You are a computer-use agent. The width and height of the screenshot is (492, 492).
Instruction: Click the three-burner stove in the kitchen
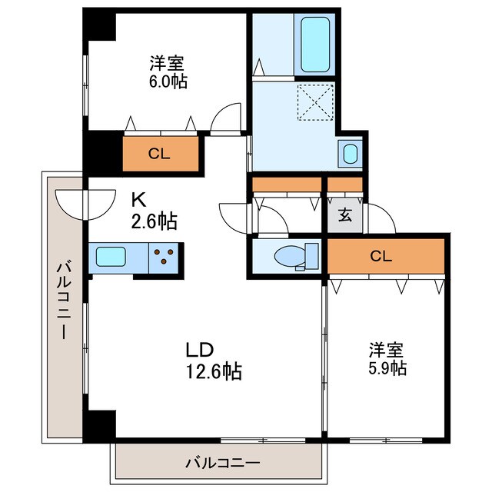coord(164,256)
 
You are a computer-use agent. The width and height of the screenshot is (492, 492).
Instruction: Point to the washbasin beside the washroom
coord(350,153)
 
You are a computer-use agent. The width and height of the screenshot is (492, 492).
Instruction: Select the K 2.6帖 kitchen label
coord(154,211)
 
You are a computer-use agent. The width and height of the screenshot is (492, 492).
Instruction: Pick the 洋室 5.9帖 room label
coord(387,358)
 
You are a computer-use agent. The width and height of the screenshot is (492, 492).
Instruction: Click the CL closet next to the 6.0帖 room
coord(159,153)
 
